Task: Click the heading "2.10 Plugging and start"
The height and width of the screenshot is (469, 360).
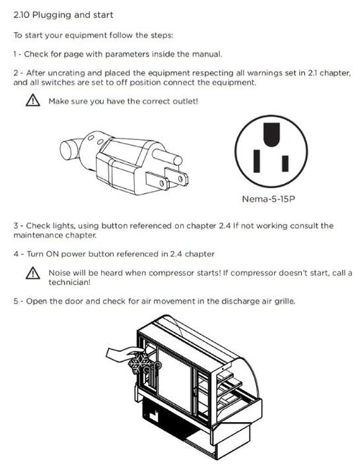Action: (x=63, y=15)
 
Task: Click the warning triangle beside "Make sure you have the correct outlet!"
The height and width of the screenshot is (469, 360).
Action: (x=33, y=100)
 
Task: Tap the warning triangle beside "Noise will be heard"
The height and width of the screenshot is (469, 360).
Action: (x=33, y=273)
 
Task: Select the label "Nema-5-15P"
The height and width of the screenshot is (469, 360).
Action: (x=268, y=199)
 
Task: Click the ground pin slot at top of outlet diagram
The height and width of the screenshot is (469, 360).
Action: (x=272, y=134)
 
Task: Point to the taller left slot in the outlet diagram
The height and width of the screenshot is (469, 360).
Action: (x=257, y=161)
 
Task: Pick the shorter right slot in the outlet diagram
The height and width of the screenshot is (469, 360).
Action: (x=285, y=163)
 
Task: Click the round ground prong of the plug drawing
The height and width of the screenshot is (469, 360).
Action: (x=168, y=156)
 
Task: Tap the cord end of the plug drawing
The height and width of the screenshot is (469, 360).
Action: (x=70, y=149)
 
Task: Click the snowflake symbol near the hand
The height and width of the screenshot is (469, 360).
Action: (x=139, y=363)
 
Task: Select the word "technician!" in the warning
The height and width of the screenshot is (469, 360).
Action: (x=70, y=282)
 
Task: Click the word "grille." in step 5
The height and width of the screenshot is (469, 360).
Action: (x=285, y=301)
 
